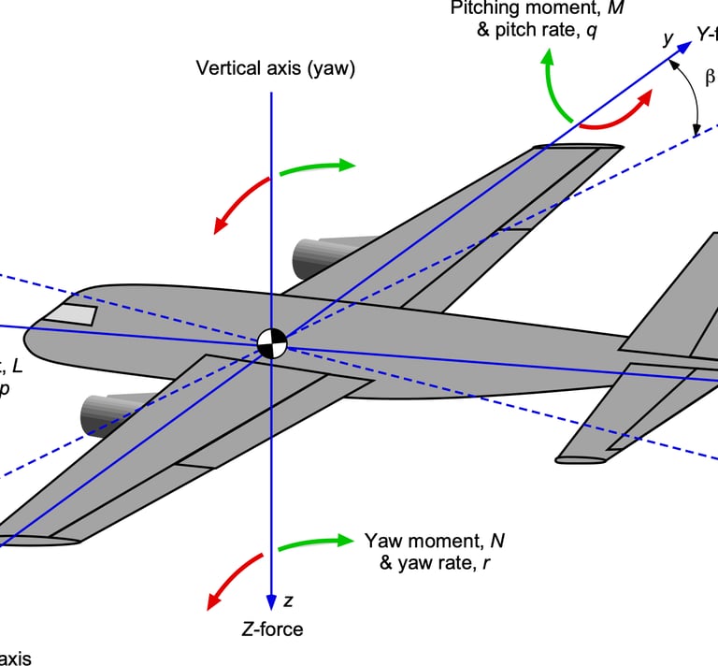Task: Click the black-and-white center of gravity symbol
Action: click(271, 343)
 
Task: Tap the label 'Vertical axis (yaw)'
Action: click(276, 68)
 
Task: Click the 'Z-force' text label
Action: click(271, 630)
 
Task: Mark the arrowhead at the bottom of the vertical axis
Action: click(271, 601)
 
